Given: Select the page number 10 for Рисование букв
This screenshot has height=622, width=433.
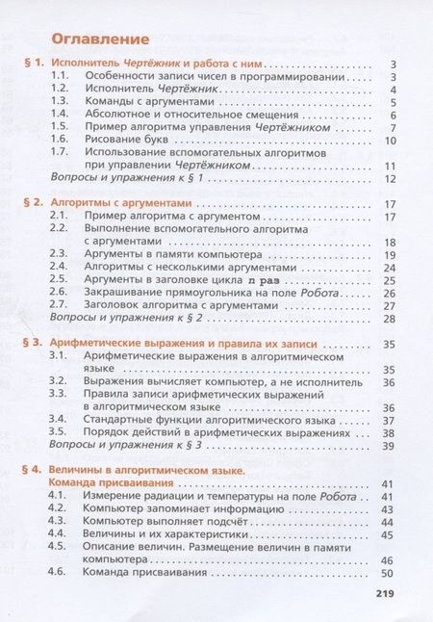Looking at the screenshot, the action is pyautogui.click(x=390, y=140).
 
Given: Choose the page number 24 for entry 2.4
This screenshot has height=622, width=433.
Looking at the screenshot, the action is pyautogui.click(x=390, y=266).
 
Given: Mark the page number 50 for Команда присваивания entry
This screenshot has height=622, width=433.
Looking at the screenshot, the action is pyautogui.click(x=390, y=573).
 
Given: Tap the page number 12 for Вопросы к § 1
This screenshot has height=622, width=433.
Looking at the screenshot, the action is pyautogui.click(x=390, y=179).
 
